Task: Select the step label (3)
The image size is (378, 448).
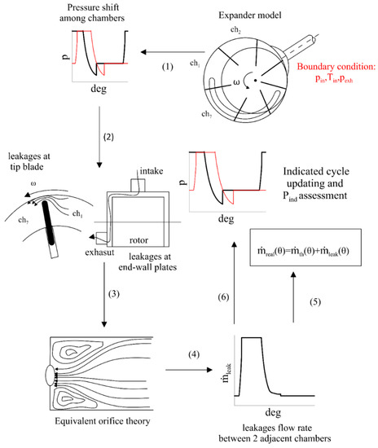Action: click(115, 292)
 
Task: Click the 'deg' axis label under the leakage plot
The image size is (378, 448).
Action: click(273, 411)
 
